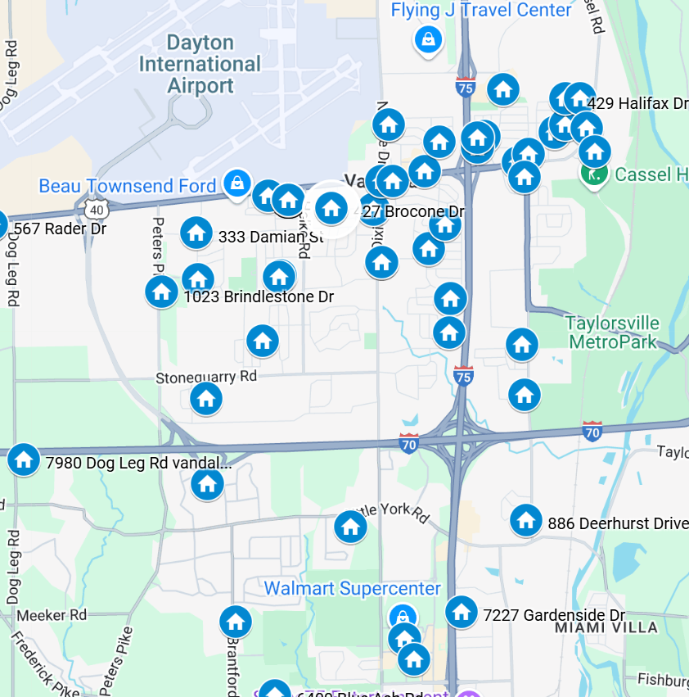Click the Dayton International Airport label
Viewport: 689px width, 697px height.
tap(200, 64)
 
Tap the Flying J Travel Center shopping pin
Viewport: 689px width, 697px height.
tap(428, 38)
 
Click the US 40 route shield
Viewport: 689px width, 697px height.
tap(97, 209)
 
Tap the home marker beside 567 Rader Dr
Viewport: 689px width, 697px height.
tap(2, 225)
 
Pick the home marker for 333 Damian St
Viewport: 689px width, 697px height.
tap(196, 233)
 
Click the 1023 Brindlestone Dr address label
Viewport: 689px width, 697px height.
tap(258, 296)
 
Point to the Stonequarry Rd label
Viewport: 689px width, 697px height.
tap(206, 377)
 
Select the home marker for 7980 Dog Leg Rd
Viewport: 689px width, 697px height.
tap(24, 459)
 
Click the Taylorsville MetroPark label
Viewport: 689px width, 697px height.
tap(613, 333)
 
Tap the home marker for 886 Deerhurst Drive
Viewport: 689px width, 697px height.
tap(526, 520)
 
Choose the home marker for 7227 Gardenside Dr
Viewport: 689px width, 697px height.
tap(462, 611)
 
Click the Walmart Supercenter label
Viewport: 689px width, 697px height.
tap(352, 589)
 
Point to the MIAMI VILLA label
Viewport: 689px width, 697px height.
tap(606, 627)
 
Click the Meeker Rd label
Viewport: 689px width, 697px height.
tap(52, 614)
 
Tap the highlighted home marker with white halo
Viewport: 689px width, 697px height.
tap(331, 208)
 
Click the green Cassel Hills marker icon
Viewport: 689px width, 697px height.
tap(592, 174)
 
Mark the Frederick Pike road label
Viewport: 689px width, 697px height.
tap(45, 663)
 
